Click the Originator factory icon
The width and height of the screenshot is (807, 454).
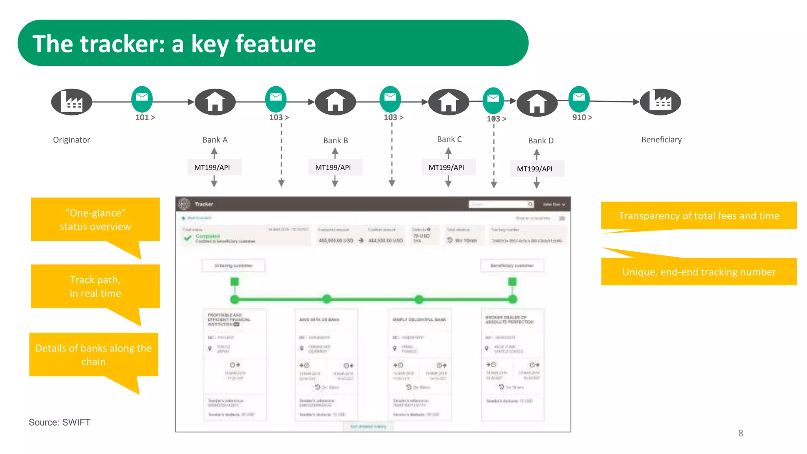click(71, 102)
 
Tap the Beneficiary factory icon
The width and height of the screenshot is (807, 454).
click(660, 102)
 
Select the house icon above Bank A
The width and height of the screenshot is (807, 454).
click(215, 102)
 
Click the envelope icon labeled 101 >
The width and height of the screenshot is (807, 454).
click(142, 99)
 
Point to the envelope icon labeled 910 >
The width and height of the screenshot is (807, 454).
click(579, 99)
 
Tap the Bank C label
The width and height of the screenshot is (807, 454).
click(449, 140)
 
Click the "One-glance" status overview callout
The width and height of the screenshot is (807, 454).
click(95, 220)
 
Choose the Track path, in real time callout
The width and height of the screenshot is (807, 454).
click(95, 287)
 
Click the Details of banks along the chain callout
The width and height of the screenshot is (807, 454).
click(94, 355)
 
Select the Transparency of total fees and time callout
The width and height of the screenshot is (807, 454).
click(699, 216)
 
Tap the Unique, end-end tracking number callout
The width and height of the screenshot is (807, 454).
click(699, 272)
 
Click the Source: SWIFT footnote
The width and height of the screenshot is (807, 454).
click(60, 422)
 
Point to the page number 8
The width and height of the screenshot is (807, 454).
click(740, 433)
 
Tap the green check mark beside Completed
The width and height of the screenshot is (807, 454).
click(188, 238)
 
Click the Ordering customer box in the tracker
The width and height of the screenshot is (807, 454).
click(233, 266)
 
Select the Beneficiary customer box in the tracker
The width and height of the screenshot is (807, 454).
click(512, 266)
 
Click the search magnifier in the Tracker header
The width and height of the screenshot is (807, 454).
click(530, 204)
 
